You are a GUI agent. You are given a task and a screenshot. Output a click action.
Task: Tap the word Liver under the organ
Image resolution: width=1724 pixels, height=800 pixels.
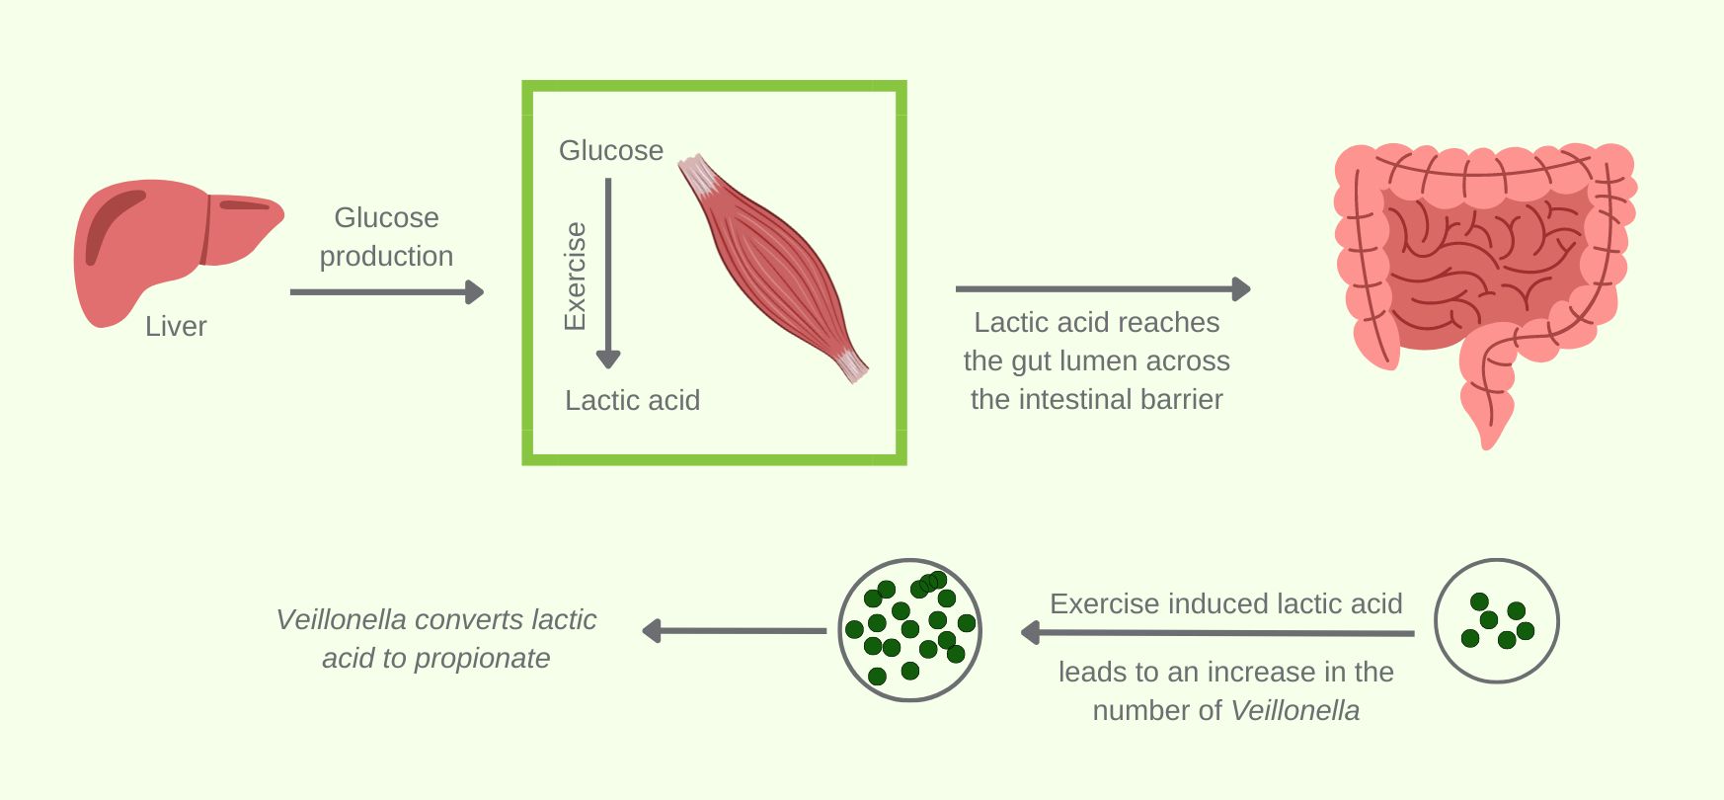tap(176, 326)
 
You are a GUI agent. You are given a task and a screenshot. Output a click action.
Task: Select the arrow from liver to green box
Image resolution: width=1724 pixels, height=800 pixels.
tap(387, 292)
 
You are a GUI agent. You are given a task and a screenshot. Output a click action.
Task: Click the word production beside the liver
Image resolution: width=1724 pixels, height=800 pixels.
tap(386, 256)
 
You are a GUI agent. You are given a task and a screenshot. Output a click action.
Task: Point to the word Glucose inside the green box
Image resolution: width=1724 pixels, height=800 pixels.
tap(611, 150)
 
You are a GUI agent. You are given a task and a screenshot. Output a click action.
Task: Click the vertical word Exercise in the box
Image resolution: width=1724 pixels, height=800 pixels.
tap(575, 276)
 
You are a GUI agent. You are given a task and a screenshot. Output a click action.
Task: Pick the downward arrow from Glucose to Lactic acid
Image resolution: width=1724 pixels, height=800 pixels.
tap(608, 273)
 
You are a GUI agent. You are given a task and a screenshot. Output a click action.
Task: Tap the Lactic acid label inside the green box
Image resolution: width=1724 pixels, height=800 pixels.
tap(632, 400)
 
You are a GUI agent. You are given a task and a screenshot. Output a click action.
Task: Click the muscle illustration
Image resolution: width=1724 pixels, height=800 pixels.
tap(773, 267)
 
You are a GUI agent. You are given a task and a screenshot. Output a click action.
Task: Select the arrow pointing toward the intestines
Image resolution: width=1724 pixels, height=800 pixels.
tap(1103, 289)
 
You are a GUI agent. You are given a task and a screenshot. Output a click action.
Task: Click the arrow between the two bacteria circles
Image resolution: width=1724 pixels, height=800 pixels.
tap(1217, 633)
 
